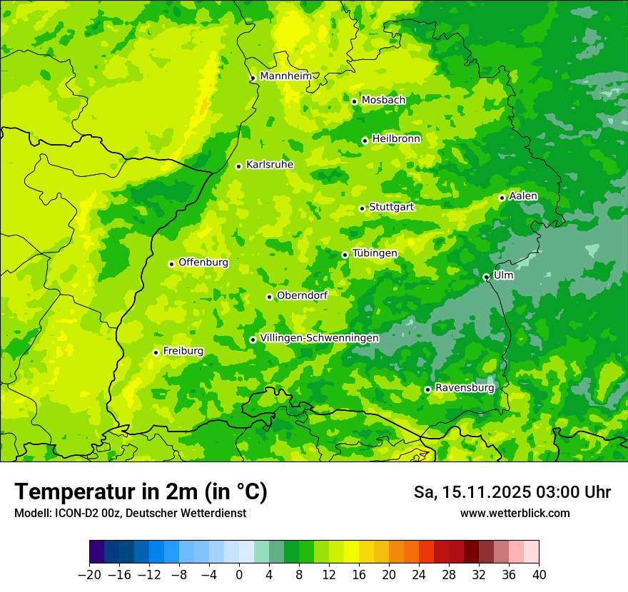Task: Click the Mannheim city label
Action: (285, 76)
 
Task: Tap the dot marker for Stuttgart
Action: (362, 208)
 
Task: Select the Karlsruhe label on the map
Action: (269, 165)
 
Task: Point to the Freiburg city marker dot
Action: (156, 352)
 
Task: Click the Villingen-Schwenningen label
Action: (319, 338)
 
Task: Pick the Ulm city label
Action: (503, 275)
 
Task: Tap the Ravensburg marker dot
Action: (427, 389)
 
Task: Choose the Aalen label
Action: (522, 196)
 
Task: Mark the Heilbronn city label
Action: (396, 139)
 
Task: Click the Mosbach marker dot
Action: (354, 101)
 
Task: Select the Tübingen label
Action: (374, 253)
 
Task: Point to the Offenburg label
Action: (203, 262)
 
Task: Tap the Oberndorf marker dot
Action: (269, 297)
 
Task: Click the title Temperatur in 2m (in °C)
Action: (141, 491)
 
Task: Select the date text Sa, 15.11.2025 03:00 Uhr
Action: (512, 492)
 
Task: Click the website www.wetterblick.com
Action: (515, 514)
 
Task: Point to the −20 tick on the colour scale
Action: (90, 575)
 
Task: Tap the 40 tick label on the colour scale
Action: (539, 575)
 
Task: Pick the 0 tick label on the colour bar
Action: (239, 575)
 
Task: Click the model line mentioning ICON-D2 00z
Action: (130, 514)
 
